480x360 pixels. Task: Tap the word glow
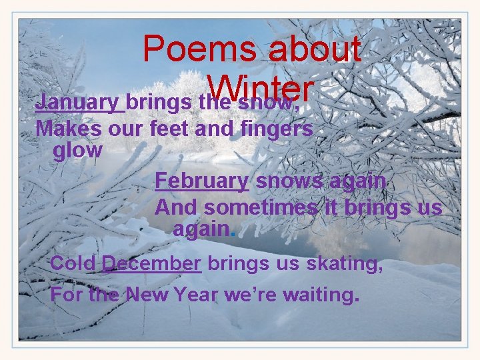77,151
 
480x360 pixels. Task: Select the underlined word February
201,181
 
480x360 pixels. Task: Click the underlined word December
151,263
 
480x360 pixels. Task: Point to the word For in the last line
67,294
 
